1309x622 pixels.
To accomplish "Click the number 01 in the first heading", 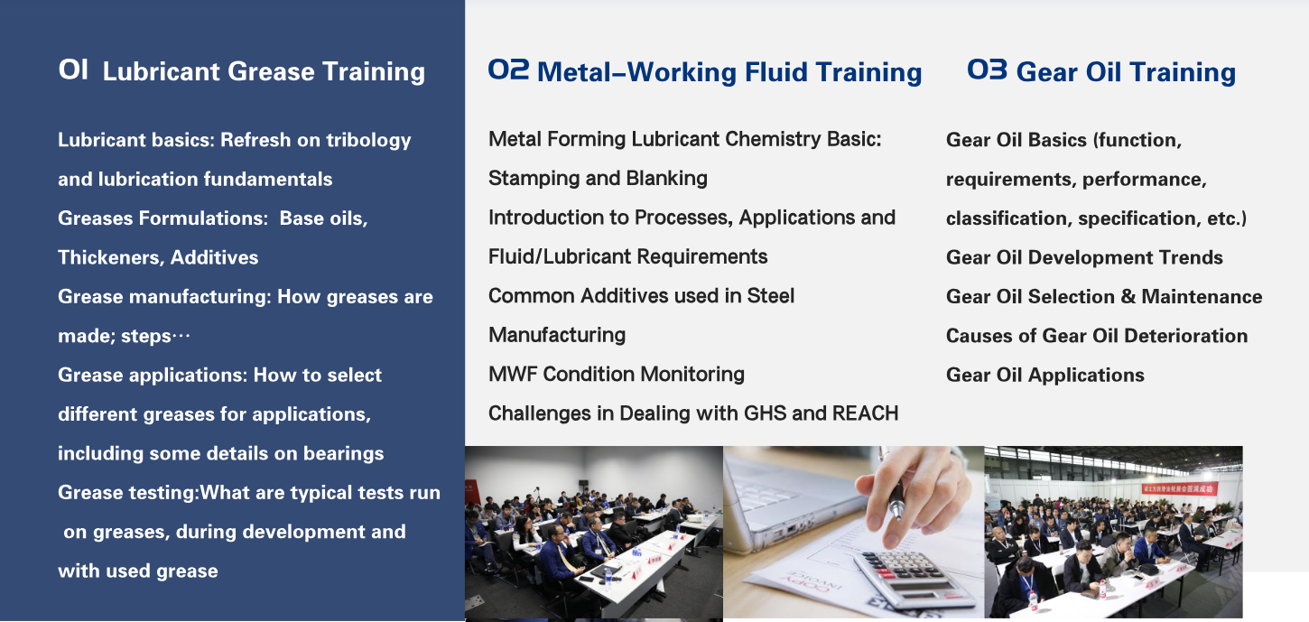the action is (73, 70).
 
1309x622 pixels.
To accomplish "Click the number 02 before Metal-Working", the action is (508, 70).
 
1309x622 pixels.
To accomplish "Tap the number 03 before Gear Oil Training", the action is (987, 70).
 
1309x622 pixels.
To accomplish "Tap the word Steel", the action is (770, 296).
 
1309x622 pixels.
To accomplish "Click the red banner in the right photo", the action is (1180, 488).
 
